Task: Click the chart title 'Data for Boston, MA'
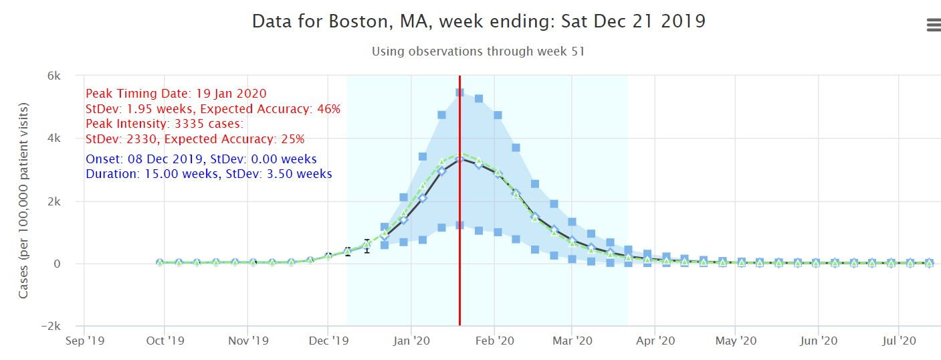[x=478, y=21]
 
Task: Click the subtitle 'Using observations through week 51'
[x=478, y=52]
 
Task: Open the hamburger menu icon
[x=933, y=25]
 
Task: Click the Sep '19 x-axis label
[x=86, y=341]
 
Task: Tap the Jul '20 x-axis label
[x=898, y=341]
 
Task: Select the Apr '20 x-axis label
[x=655, y=341]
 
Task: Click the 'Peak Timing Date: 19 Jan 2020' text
[x=176, y=94]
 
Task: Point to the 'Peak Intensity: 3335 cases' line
[x=165, y=124]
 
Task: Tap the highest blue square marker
[x=459, y=92]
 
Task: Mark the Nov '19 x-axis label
[x=248, y=341]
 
